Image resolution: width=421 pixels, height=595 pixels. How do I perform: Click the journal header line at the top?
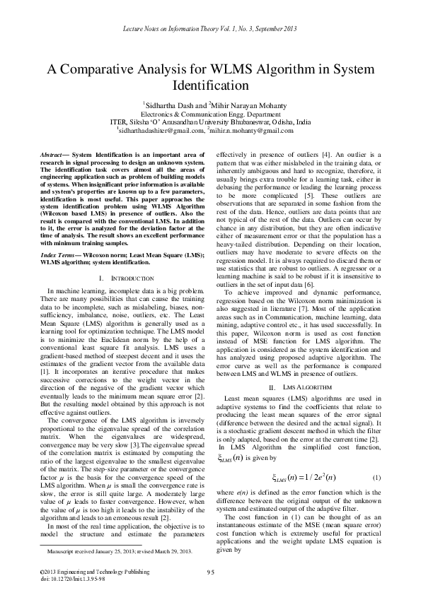tap(210, 28)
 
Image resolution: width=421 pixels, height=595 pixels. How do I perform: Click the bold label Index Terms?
tap(59, 252)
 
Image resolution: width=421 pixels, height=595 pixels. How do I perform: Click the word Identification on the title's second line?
tap(210, 86)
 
